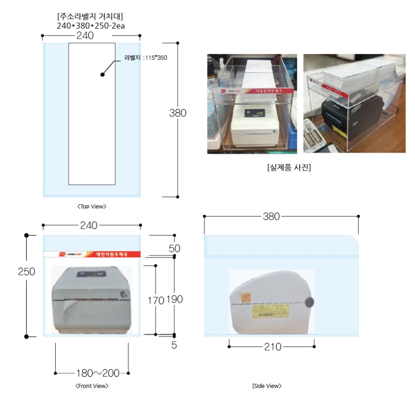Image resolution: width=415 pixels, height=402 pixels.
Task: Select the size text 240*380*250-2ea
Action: [x=91, y=26]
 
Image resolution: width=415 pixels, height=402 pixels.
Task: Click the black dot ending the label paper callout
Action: [x=102, y=74]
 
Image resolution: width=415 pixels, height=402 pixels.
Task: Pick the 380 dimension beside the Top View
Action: [x=178, y=113]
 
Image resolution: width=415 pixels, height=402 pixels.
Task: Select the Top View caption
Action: [x=92, y=207]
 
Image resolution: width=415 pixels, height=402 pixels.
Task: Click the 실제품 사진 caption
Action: [x=289, y=167]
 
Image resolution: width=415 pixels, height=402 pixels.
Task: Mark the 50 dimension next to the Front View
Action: [x=174, y=248]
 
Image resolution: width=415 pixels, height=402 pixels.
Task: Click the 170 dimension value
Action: [x=155, y=301]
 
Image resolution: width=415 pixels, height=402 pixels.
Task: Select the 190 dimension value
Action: [x=174, y=300]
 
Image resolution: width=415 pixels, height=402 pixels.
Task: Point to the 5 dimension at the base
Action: [x=174, y=344]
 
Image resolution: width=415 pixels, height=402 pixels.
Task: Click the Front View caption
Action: [x=92, y=386]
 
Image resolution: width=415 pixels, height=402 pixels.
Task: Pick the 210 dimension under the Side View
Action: [x=272, y=347]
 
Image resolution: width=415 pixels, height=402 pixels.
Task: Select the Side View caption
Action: [x=267, y=386]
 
